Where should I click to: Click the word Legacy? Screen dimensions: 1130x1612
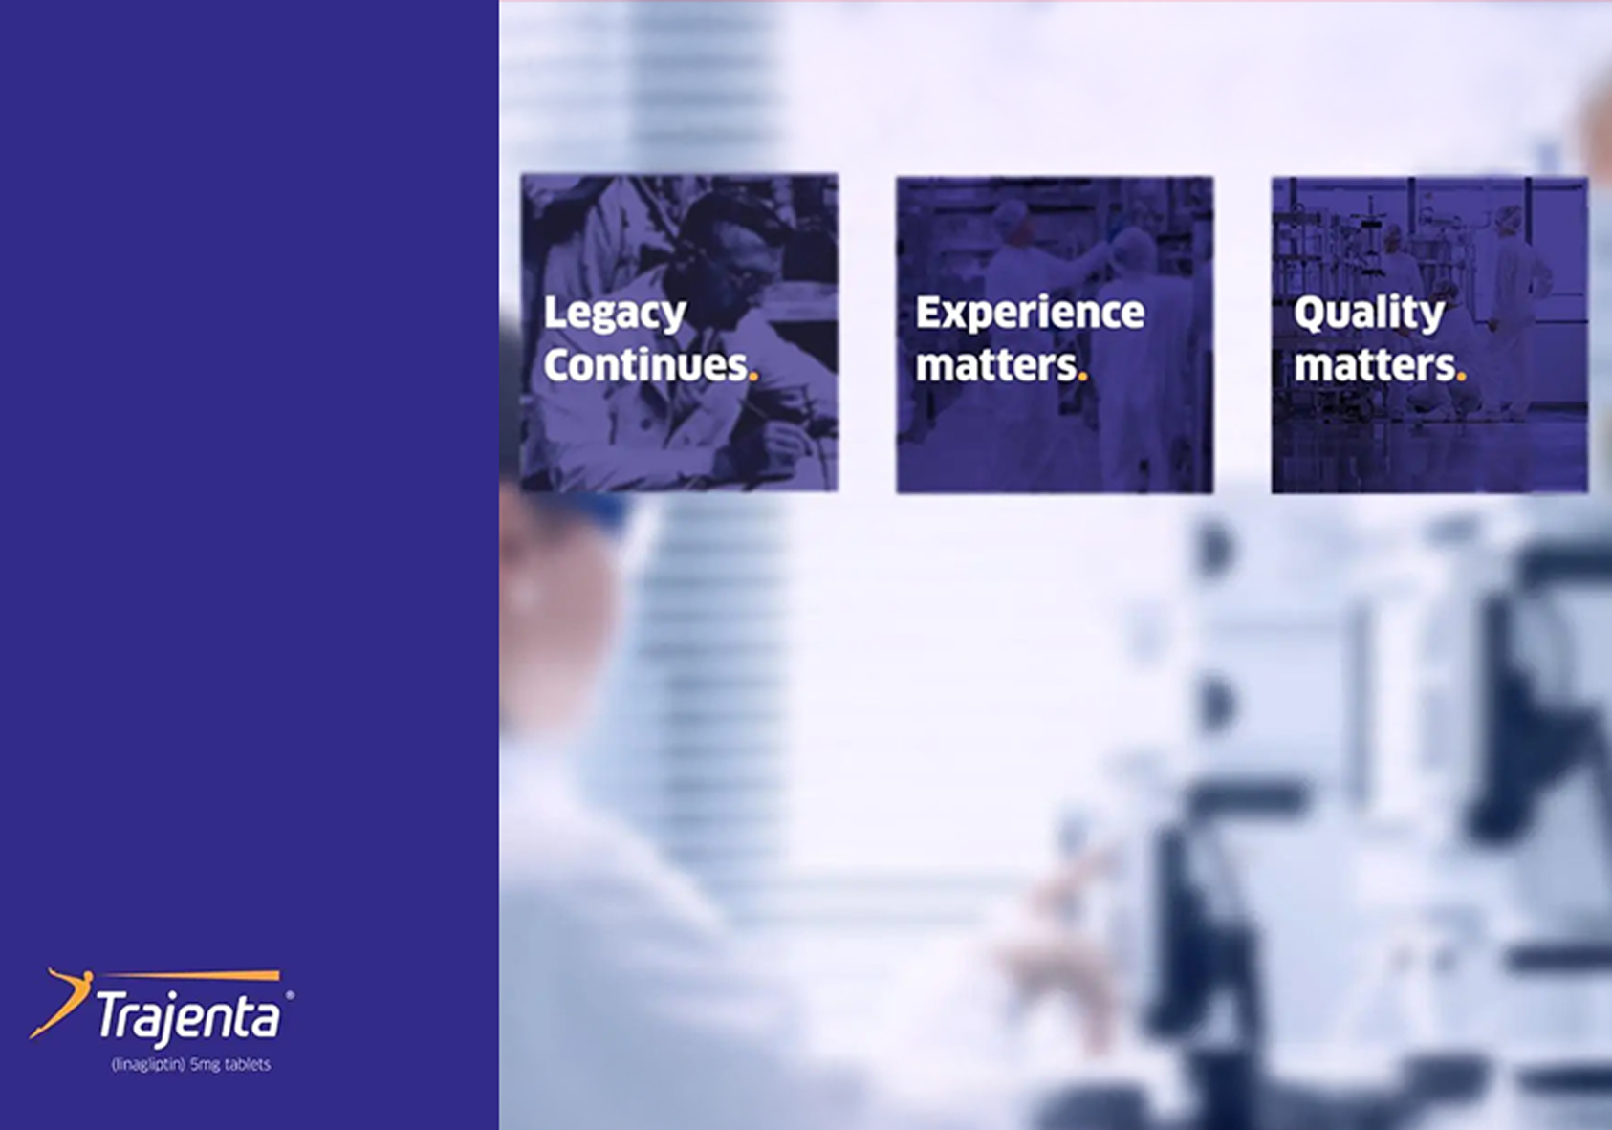[615, 314]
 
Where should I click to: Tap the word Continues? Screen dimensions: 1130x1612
[645, 365]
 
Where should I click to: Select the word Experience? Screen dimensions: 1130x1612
[1030, 313]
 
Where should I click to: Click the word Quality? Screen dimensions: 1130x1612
[1368, 313]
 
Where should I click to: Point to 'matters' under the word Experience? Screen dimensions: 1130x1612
[996, 365]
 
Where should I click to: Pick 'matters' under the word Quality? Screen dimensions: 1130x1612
[1374, 365]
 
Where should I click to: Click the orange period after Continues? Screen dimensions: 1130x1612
[753, 377]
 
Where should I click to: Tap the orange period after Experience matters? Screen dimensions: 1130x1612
[1082, 377]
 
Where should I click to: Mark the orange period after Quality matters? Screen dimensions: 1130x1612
[1461, 377]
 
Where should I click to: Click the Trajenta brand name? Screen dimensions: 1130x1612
[188, 1016]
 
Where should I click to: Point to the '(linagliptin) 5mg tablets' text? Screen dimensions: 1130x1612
[191, 1064]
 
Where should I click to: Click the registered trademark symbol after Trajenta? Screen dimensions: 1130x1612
[290, 996]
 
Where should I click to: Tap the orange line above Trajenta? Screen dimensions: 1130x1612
[191, 976]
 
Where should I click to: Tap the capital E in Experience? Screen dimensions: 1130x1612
[927, 313]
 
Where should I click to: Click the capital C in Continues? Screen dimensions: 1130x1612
[557, 365]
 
